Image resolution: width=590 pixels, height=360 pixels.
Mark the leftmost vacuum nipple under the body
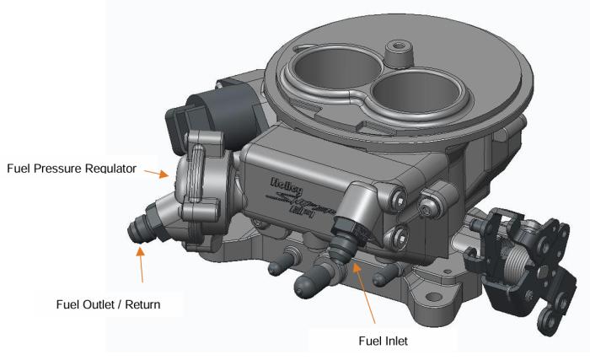click(277, 267)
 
